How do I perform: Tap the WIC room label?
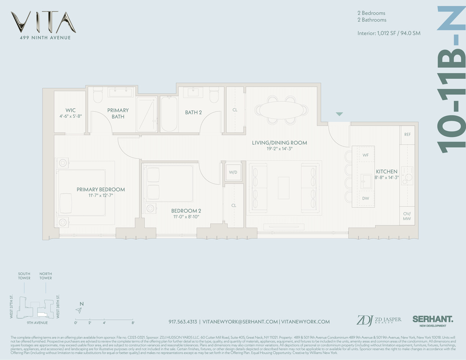pos(71,111)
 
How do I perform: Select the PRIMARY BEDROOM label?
pos(100,189)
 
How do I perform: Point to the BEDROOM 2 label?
pos(186,211)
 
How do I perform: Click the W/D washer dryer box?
pos(233,172)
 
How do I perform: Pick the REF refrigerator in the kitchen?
pos(407,135)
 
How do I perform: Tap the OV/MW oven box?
pos(407,216)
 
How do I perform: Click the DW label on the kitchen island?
pos(366,198)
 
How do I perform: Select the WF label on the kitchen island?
pos(366,155)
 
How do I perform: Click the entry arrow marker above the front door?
pos(339,114)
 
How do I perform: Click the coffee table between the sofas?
pos(284,188)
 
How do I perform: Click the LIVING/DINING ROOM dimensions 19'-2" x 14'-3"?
pos(279,149)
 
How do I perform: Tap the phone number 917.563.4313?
pos(183,322)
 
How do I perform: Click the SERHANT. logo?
pos(433,319)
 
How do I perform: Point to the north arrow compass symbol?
pos(79,310)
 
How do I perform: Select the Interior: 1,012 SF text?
pos(389,33)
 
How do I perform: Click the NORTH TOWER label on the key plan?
pos(46,276)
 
